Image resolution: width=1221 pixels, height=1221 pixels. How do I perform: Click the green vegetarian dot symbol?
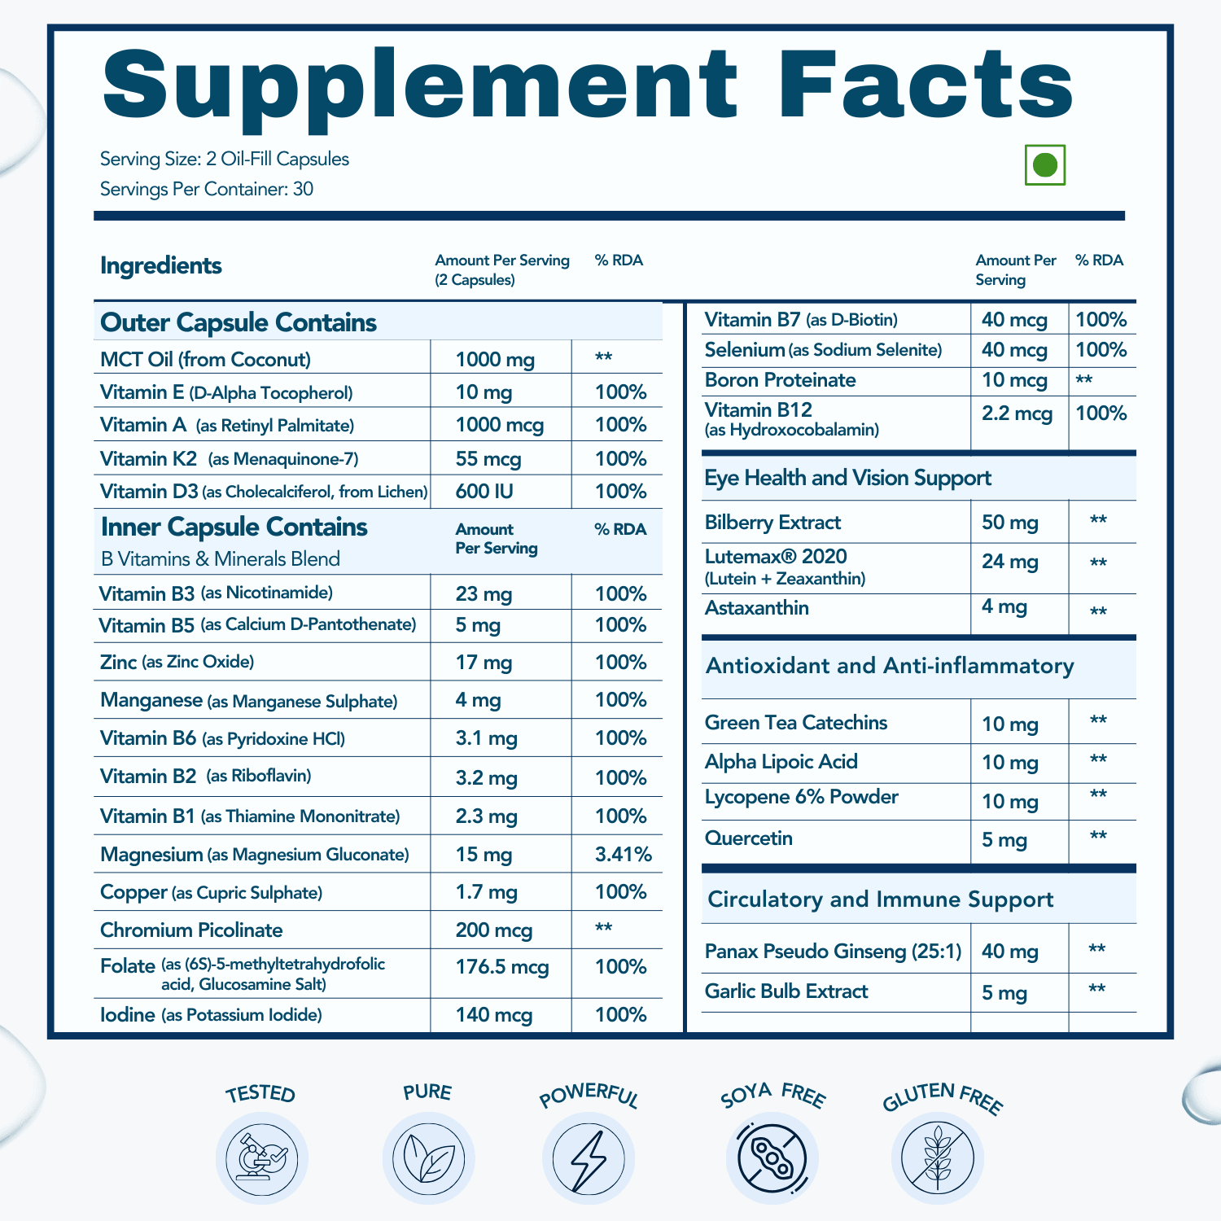click(1044, 165)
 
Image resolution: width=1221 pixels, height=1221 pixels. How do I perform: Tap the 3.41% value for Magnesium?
click(623, 854)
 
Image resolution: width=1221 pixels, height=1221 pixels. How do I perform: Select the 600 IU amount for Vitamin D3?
click(484, 492)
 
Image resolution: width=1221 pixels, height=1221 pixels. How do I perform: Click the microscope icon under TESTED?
click(261, 1158)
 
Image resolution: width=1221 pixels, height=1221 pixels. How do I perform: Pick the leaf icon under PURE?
click(428, 1158)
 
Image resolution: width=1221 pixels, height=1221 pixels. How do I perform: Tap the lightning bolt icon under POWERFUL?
click(588, 1158)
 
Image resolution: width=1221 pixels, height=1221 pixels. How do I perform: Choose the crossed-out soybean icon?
click(772, 1158)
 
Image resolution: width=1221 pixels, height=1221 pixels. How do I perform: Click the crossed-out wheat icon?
click(938, 1158)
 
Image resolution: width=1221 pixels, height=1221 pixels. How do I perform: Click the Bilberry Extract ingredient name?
click(772, 523)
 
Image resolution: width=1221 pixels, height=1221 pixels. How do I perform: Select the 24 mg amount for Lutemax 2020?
click(1009, 562)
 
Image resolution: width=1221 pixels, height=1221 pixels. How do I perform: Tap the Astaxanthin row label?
click(756, 608)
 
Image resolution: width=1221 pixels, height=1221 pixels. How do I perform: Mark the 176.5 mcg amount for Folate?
click(502, 967)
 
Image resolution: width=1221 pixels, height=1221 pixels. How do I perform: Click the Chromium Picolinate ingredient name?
click(191, 930)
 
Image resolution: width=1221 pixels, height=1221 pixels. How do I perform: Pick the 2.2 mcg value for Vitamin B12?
click(1017, 414)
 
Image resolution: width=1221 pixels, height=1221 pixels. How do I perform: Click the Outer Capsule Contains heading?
click(239, 322)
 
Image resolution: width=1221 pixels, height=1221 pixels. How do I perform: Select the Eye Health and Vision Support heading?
click(847, 478)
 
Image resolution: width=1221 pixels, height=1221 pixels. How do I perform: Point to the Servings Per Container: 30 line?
click(207, 189)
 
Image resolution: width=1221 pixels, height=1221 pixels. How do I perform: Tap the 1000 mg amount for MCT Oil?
click(495, 360)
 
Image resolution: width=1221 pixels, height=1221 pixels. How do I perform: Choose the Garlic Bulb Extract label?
click(786, 991)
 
